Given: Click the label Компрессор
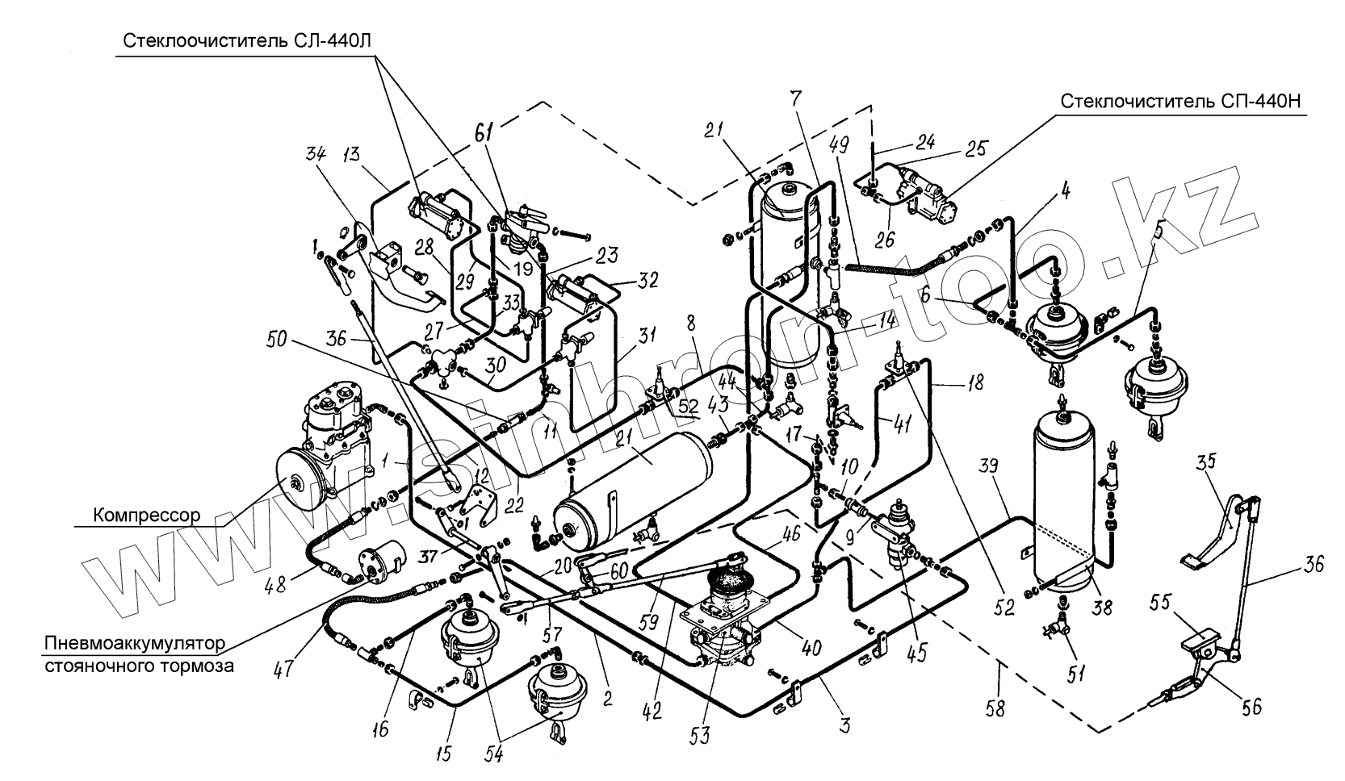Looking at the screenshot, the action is point(146,516).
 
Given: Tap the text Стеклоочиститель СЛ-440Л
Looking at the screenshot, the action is point(247,40).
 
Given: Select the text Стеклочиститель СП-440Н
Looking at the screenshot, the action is point(1180,102).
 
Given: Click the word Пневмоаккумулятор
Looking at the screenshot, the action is point(135,644).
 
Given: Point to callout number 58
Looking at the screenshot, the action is point(995,709).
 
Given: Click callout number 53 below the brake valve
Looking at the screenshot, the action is point(699,735).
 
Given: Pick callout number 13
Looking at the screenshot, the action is point(350,154).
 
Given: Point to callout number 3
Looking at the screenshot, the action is point(844,726).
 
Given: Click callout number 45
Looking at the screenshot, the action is point(918,651).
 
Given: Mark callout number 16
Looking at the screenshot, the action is point(381,728).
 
